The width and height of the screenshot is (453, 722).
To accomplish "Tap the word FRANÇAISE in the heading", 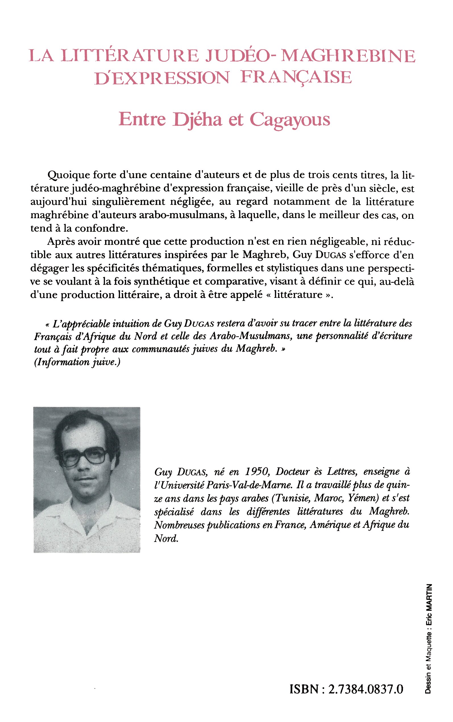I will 296,77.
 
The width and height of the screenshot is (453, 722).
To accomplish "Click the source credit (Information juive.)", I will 77,362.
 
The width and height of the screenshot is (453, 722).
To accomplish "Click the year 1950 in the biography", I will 256,472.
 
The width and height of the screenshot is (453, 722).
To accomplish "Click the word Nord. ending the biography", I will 166,538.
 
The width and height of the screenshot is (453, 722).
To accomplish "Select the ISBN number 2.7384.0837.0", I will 365,689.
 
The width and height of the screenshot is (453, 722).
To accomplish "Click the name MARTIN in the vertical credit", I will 429,597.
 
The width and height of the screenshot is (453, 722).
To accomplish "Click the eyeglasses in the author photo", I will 85,457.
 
